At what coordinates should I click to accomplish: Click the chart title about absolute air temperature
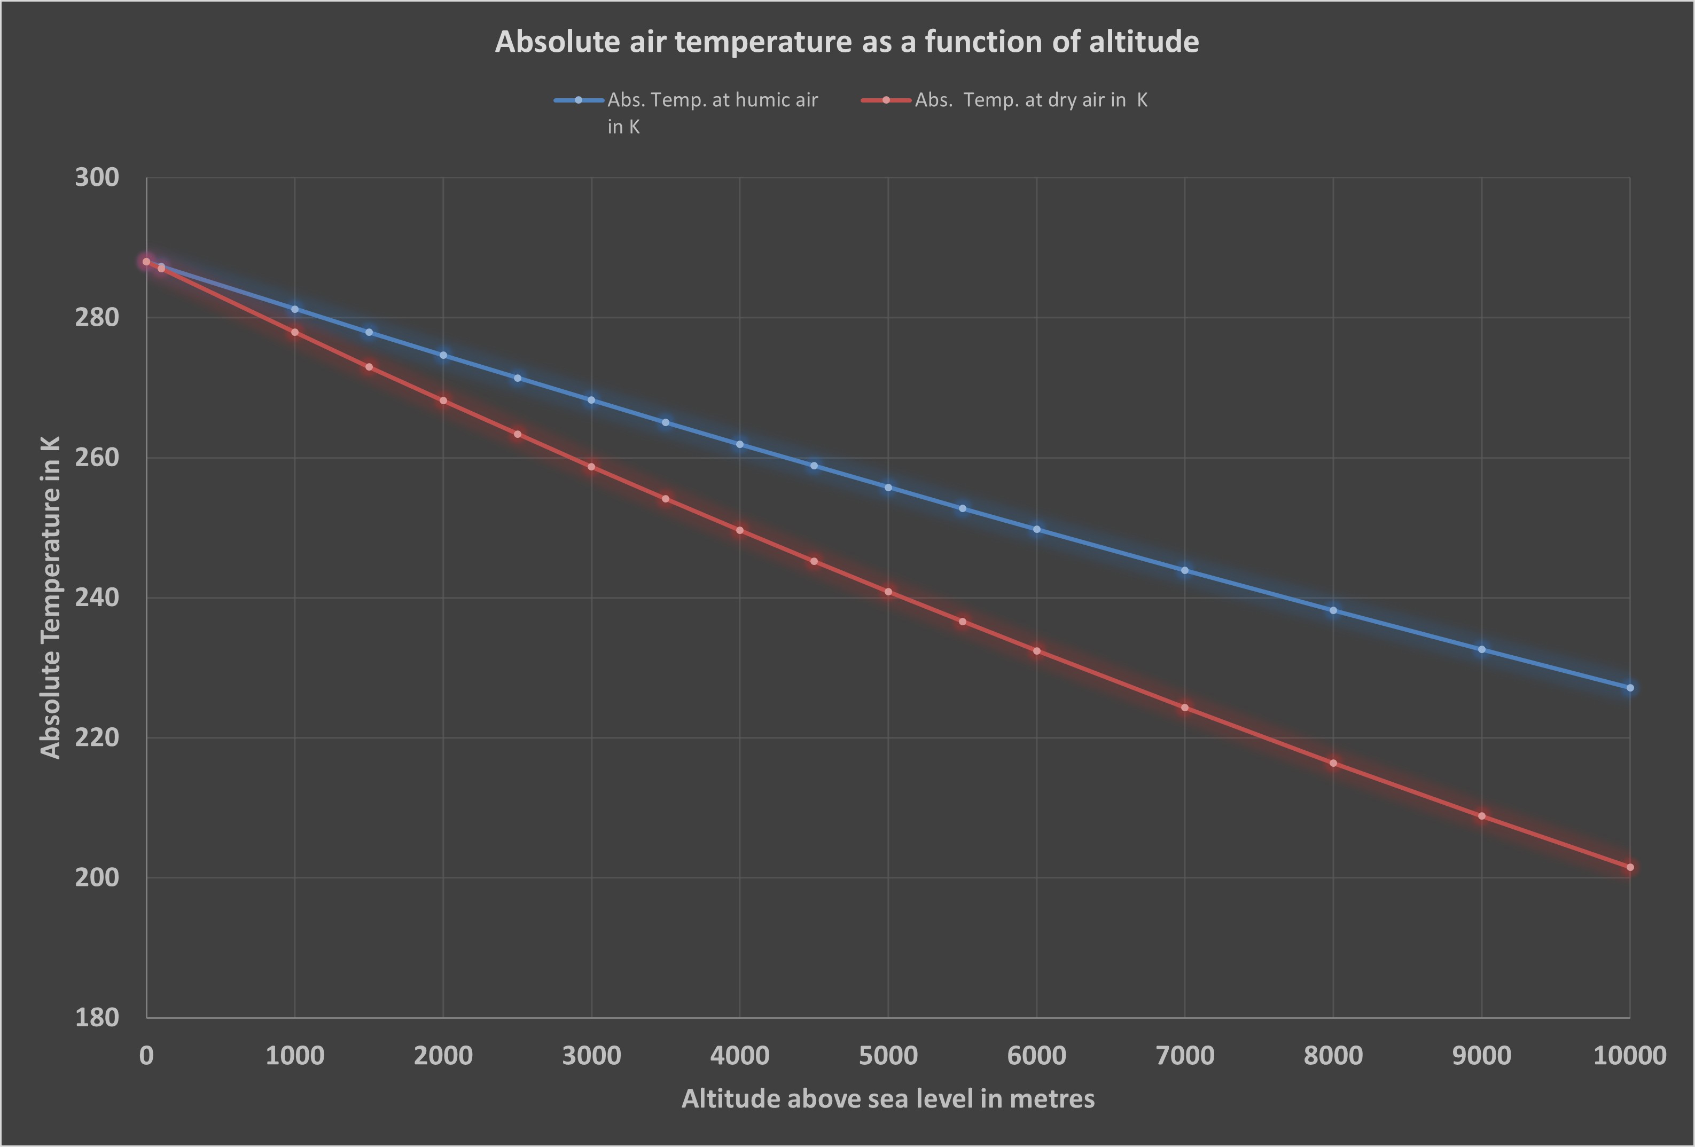click(x=847, y=42)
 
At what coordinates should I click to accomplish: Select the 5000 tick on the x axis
click(x=888, y=1055)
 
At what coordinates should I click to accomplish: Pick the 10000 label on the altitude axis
click(x=1629, y=1055)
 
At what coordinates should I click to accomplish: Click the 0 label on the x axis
click(x=146, y=1055)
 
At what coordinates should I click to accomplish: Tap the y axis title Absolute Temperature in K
click(x=50, y=597)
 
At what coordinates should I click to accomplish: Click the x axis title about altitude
click(x=888, y=1098)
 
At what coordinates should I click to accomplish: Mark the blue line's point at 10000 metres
click(x=1630, y=688)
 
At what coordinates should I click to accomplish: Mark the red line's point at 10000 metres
click(x=1630, y=867)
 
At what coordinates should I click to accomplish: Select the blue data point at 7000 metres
click(x=1184, y=570)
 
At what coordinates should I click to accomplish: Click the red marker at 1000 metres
click(x=295, y=332)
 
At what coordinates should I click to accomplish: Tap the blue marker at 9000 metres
click(x=1481, y=649)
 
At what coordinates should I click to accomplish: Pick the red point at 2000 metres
click(x=443, y=400)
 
